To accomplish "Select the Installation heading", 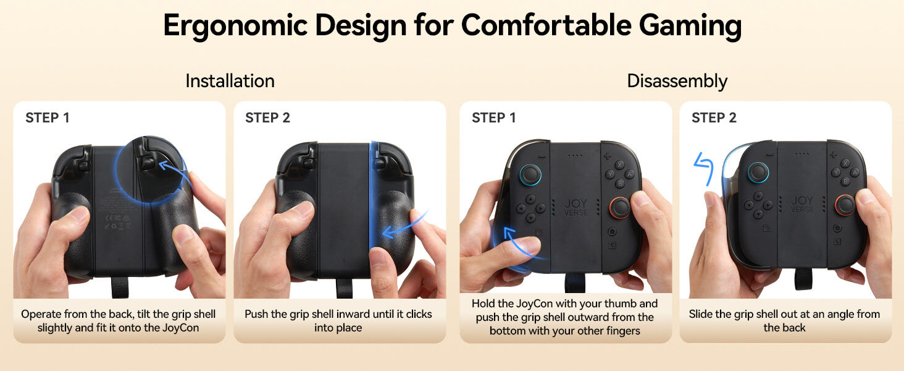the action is point(230,81).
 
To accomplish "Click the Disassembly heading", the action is point(677,81).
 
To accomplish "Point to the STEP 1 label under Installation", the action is point(48,117).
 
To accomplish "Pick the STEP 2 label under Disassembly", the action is point(714,117).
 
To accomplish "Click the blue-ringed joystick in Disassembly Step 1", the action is point(530,174).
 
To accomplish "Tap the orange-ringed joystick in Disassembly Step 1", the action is point(621,207).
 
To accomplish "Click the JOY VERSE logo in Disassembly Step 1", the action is point(575,207).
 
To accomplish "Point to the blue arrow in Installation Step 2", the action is point(404,227).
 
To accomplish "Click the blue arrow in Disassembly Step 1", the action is point(521,245).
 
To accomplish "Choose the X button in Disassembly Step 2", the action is point(845,163).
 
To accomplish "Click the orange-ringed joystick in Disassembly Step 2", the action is point(845,205).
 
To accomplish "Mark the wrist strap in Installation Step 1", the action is point(120,288).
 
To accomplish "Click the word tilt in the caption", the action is point(143,314).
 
